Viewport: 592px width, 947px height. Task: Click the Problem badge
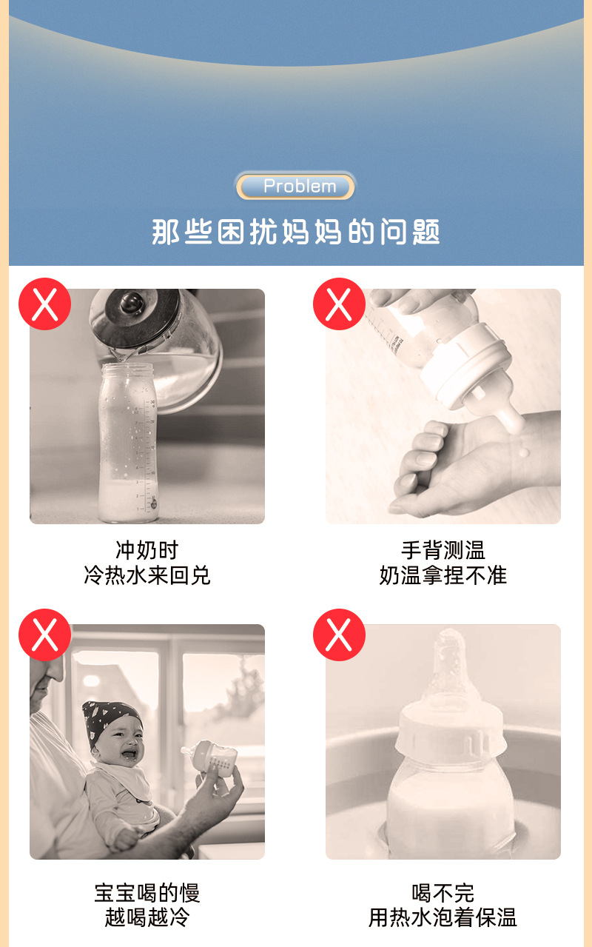pos(296,187)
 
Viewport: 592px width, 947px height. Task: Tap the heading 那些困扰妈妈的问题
pos(296,232)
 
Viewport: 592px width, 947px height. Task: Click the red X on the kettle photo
pos(44,304)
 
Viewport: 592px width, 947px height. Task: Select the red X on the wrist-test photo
pos(339,304)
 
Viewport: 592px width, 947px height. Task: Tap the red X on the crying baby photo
pos(44,635)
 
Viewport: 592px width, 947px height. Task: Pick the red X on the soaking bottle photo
pos(339,635)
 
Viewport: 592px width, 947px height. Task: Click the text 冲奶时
pos(147,550)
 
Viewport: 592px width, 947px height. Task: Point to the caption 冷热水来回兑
pos(147,575)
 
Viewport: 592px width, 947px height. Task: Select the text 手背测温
pos(443,550)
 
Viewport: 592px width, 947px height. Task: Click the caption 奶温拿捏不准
pos(443,575)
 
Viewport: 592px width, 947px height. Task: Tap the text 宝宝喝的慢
pos(147,892)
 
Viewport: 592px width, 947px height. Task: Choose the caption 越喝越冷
pos(147,918)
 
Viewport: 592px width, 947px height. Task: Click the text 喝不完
pos(443,892)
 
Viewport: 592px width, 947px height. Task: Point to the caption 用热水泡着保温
pos(443,918)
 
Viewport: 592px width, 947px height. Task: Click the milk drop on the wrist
pos(524,452)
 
